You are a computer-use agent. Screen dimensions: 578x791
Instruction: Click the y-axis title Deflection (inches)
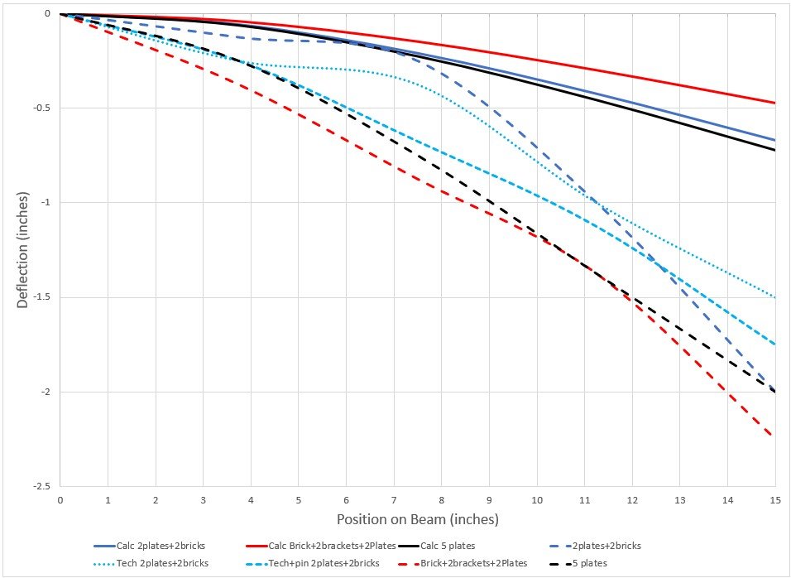click(23, 251)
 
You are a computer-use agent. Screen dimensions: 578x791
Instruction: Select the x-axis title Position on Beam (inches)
click(417, 520)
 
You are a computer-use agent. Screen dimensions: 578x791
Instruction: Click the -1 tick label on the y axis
click(46, 203)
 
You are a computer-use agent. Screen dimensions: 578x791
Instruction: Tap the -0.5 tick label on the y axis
click(42, 108)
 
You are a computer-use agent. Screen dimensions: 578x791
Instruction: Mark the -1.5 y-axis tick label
click(42, 297)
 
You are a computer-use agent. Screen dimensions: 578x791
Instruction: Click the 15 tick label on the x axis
click(775, 501)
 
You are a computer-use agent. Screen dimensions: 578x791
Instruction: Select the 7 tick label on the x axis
click(394, 501)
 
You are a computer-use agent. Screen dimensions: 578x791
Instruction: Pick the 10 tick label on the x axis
click(537, 501)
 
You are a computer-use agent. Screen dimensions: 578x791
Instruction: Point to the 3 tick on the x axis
click(203, 501)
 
